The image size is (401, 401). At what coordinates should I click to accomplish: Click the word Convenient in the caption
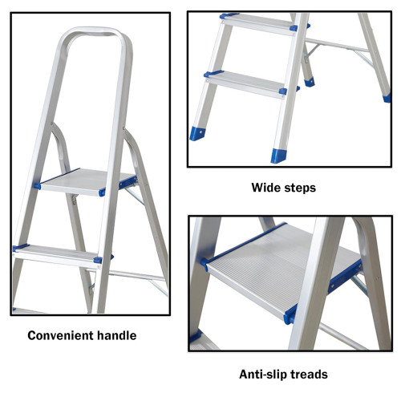pyautogui.click(x=60, y=335)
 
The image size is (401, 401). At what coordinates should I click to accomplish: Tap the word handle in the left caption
pyautogui.click(x=116, y=335)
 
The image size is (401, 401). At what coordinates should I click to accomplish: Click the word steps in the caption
pyautogui.click(x=300, y=188)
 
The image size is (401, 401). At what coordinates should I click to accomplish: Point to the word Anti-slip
pyautogui.click(x=263, y=375)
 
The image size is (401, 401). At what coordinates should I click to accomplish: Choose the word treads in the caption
pyautogui.click(x=309, y=375)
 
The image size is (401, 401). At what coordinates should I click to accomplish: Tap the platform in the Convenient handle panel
pyautogui.click(x=87, y=181)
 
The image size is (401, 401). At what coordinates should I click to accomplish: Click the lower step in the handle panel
pyautogui.click(x=58, y=255)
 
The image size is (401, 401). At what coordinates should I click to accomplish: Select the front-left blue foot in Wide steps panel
pyautogui.click(x=197, y=133)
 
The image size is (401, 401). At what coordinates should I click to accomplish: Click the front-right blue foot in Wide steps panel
pyautogui.click(x=278, y=156)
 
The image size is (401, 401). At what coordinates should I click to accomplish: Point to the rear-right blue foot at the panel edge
pyautogui.click(x=387, y=98)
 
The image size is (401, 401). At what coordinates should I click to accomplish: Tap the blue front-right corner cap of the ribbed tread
pyautogui.click(x=290, y=315)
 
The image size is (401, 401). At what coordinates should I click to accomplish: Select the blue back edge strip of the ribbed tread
pyautogui.click(x=245, y=243)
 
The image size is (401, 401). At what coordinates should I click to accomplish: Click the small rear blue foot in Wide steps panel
pyautogui.click(x=310, y=83)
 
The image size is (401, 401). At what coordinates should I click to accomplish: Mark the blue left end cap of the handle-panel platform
pyautogui.click(x=37, y=186)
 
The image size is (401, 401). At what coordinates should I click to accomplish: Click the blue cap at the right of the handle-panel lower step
pyautogui.click(x=98, y=260)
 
